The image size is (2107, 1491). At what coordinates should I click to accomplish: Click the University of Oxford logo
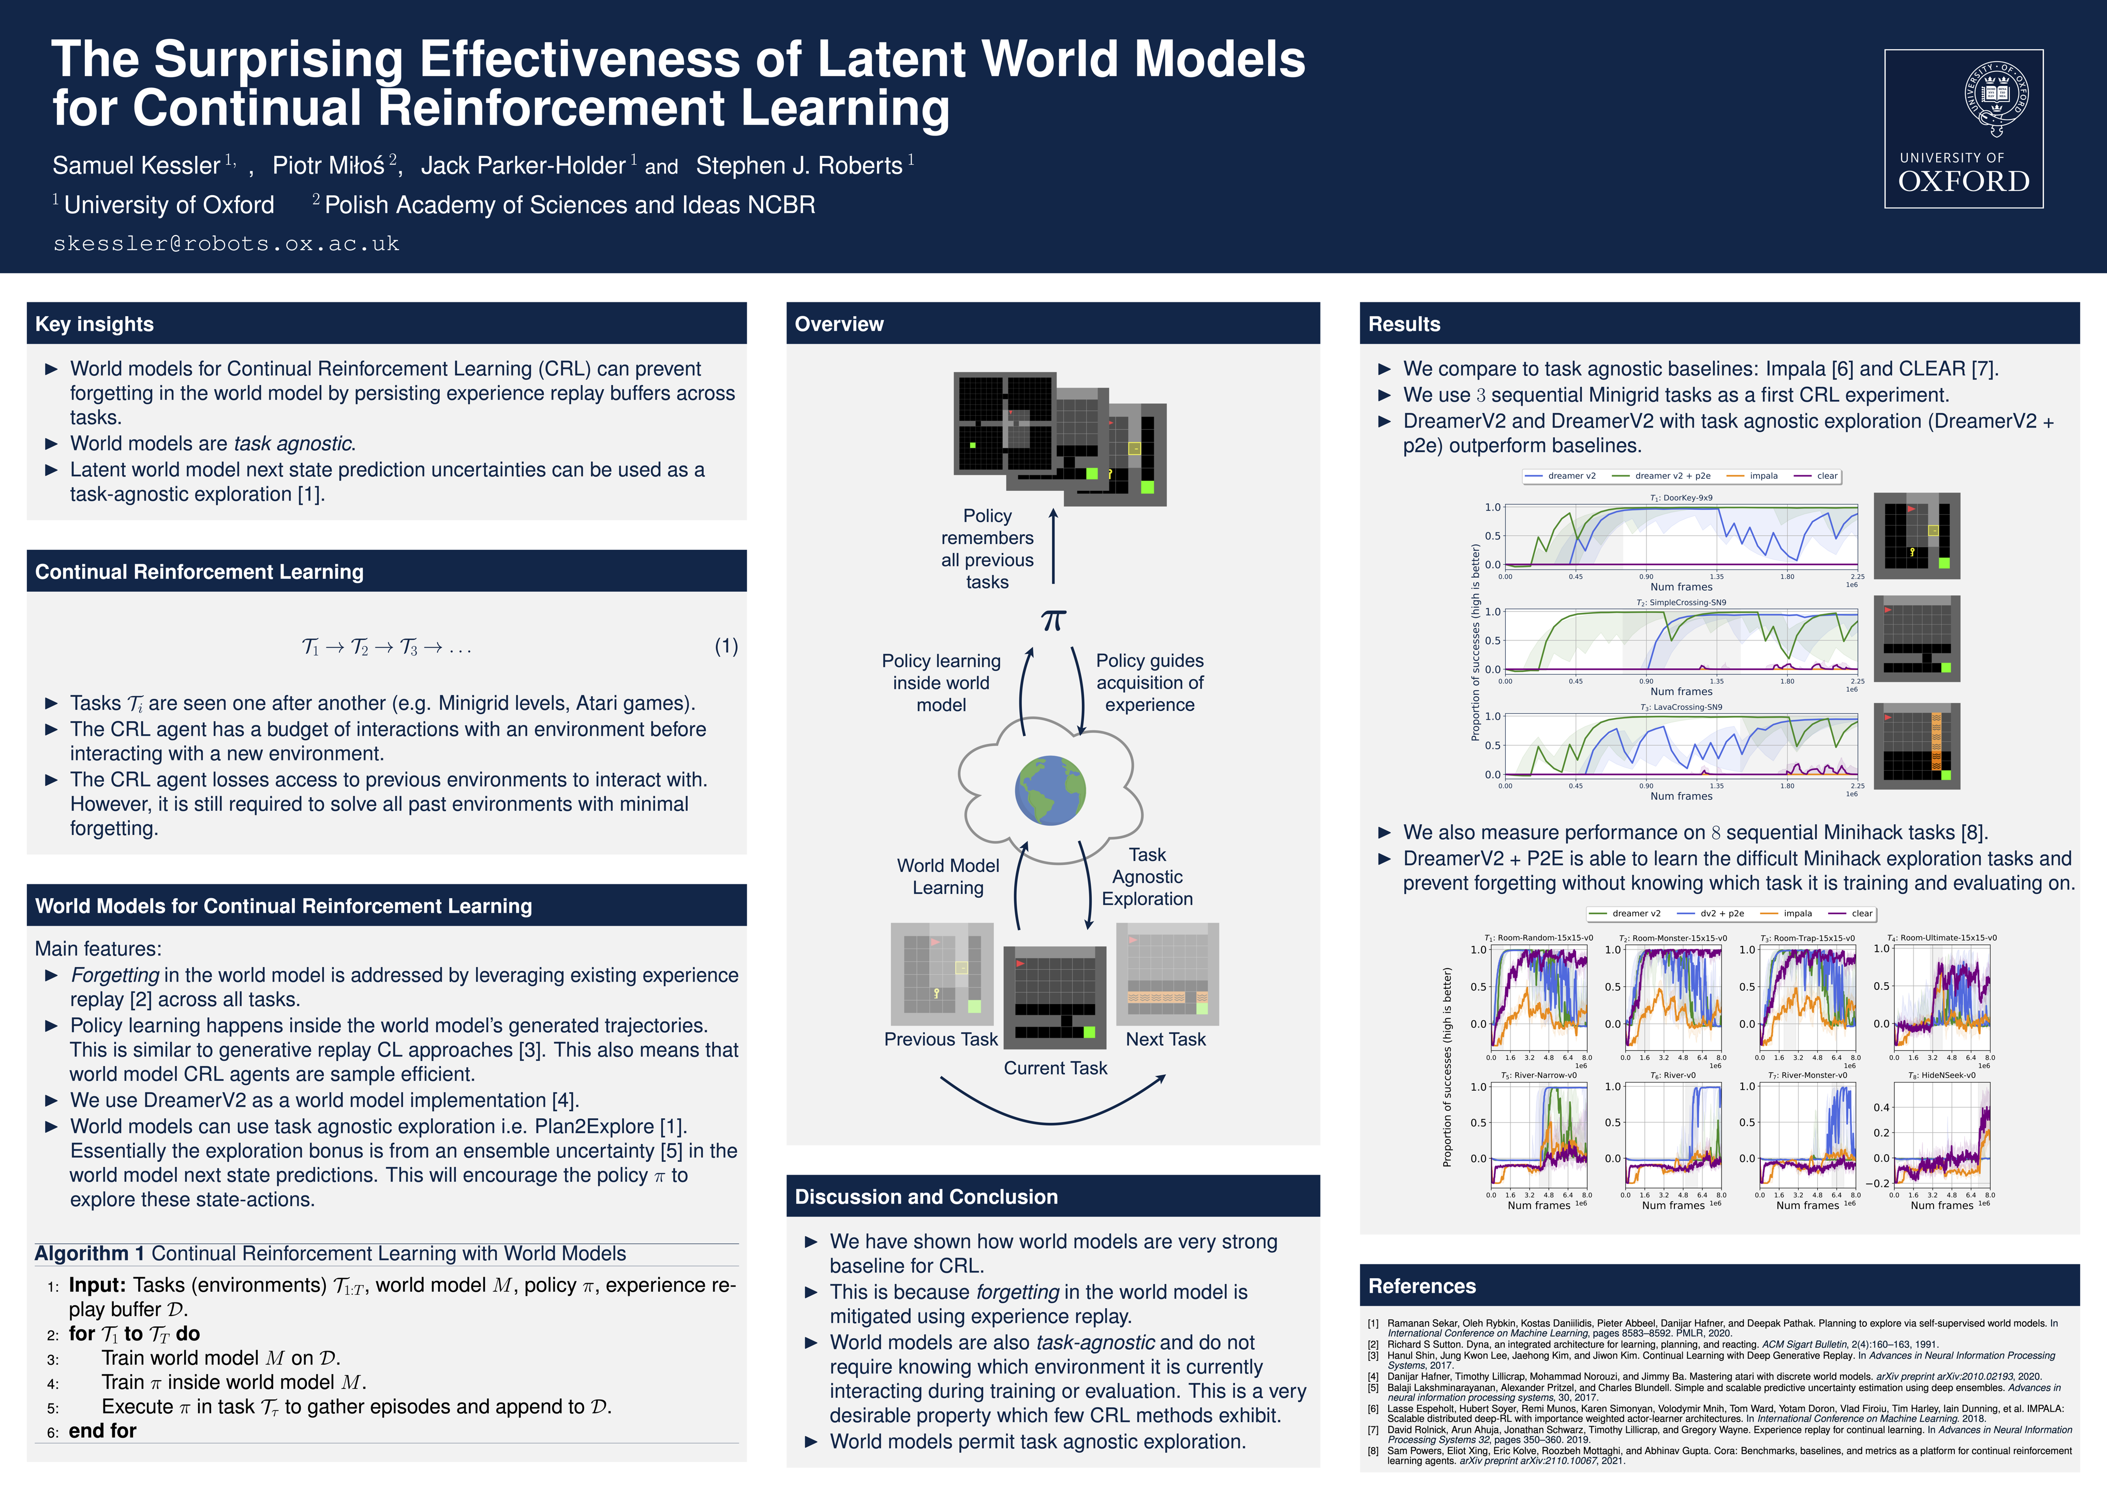(1963, 128)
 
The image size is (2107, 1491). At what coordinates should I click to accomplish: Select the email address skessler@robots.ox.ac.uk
(226, 243)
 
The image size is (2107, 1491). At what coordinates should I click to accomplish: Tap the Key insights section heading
(95, 324)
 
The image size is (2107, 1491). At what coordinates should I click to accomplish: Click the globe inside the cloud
(1051, 791)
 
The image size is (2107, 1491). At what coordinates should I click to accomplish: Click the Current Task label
(1056, 1068)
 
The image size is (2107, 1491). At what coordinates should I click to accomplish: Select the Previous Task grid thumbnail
(942, 974)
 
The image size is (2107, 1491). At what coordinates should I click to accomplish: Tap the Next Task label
(1165, 1039)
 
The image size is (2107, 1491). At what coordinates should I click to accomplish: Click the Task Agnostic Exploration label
(1147, 877)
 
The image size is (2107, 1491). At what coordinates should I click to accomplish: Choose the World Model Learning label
(948, 877)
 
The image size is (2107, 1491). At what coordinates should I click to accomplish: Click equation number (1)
(726, 646)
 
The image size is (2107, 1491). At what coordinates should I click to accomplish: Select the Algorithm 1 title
(330, 1254)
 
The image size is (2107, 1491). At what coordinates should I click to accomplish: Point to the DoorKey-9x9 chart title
(1681, 498)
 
